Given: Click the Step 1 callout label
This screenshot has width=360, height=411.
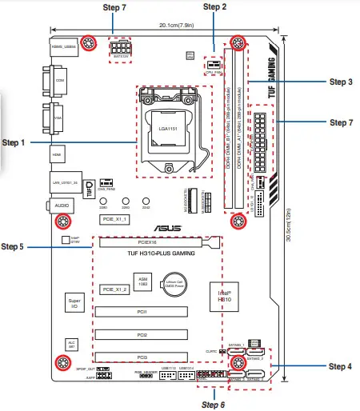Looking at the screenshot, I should tap(14, 142).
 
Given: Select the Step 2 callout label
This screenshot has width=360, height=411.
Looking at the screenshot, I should tap(214, 6).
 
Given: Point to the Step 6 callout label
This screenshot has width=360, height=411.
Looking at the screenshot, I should tap(212, 404).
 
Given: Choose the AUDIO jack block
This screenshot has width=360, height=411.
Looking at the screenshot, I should tap(61, 205).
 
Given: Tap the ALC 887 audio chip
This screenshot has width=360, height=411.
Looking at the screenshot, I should tap(71, 344).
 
